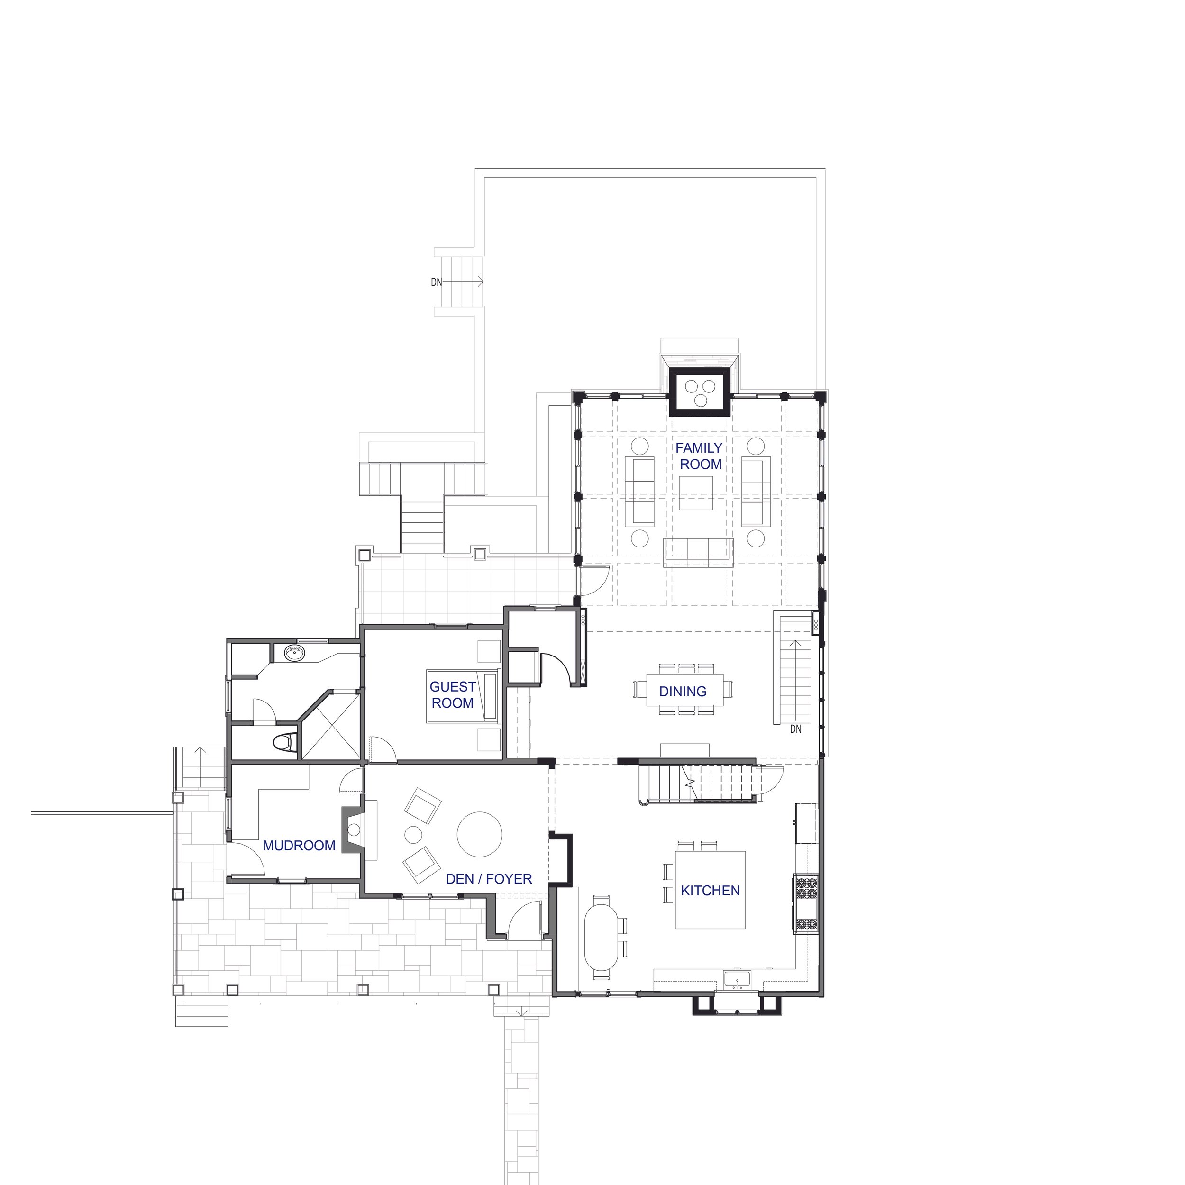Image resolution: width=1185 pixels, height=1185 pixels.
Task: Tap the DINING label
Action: [683, 691]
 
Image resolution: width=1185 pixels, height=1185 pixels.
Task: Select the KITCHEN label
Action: [710, 890]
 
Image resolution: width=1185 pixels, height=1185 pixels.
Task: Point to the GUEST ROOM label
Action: [453, 694]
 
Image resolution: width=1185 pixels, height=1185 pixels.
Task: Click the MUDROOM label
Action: [299, 845]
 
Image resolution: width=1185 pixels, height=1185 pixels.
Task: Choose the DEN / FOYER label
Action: [489, 879]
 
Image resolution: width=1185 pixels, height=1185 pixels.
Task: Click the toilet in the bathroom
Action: [283, 743]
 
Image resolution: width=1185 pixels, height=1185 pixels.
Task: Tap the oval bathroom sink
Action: [295, 653]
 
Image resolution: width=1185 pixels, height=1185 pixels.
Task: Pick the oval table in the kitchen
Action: [602, 938]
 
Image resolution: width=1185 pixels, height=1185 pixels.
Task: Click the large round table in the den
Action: [480, 834]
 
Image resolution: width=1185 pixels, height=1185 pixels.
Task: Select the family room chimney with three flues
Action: [700, 392]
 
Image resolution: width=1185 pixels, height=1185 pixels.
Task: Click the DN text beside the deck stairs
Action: [437, 282]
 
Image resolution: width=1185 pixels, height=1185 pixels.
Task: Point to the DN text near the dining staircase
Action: [795, 729]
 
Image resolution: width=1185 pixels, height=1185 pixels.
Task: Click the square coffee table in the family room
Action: [696, 492]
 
